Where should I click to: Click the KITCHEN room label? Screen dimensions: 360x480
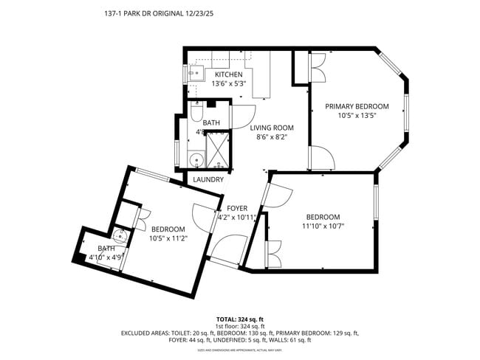228,75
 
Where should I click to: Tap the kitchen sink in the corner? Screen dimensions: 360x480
196,72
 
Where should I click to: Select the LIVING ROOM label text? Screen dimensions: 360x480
272,128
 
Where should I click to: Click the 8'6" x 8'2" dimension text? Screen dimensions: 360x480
272,136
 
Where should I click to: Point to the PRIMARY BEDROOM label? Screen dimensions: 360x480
357,106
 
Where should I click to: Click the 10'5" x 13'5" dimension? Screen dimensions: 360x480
357,115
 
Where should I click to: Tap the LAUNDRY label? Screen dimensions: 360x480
208,179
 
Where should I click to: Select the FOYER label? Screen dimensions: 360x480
236,208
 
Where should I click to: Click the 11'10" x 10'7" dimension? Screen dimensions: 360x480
323,226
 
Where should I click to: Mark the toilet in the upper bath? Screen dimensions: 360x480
195,111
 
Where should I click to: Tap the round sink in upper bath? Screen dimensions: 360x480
196,159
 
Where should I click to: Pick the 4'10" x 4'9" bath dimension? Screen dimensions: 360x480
105,257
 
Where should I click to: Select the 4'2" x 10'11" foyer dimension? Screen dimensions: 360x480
236,217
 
